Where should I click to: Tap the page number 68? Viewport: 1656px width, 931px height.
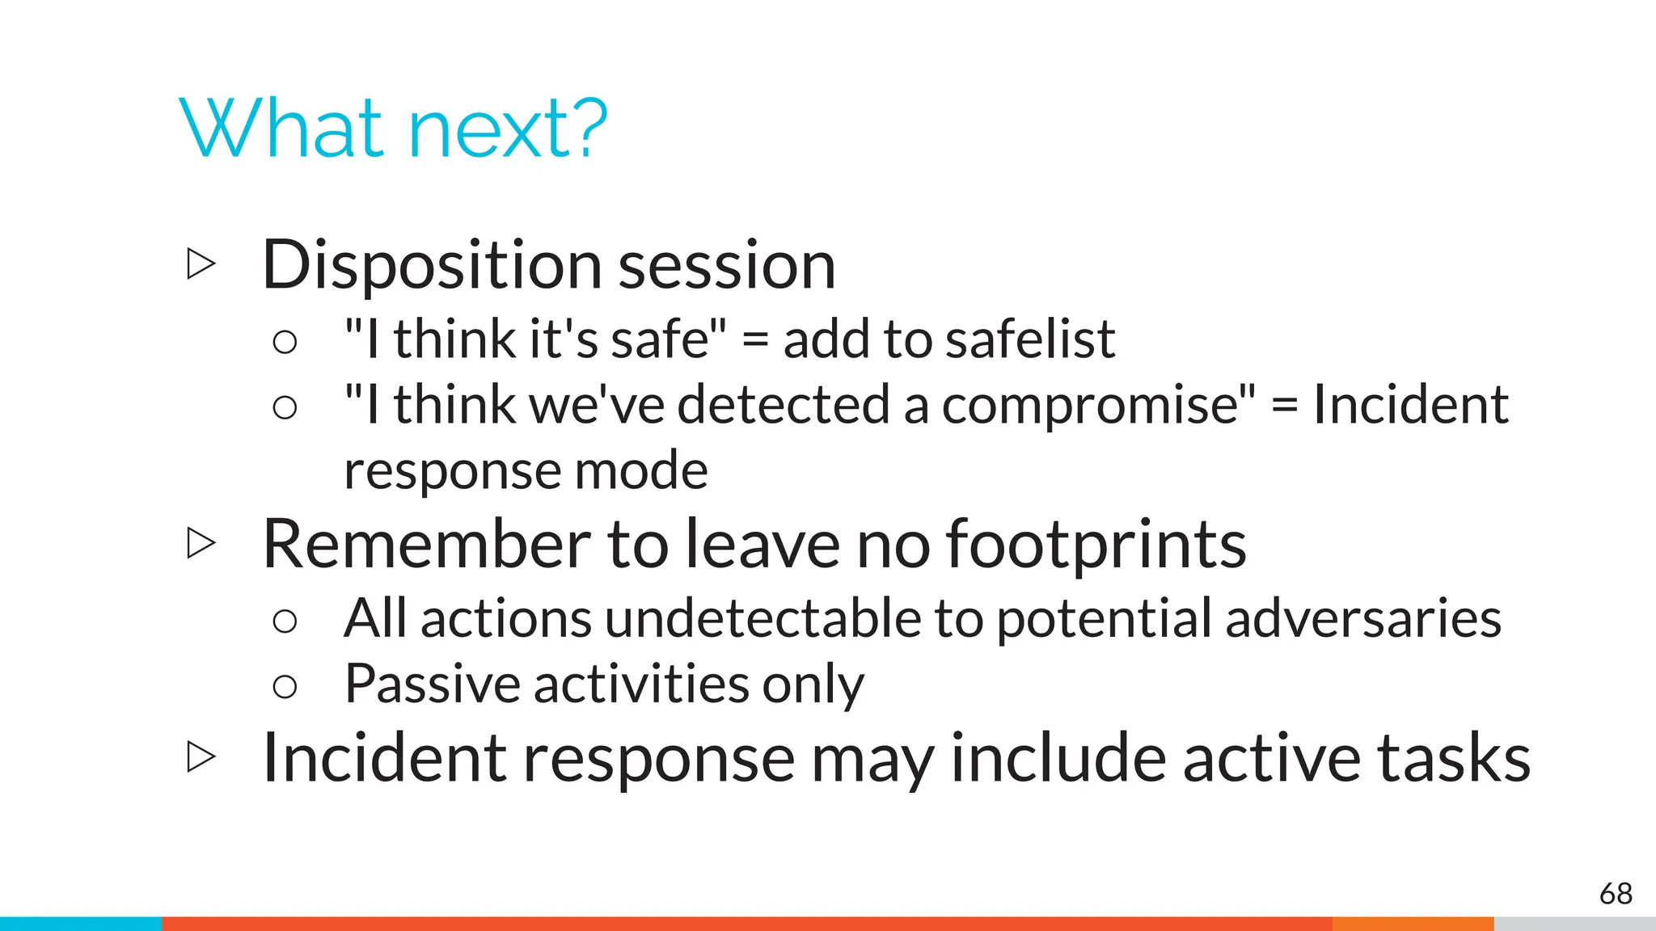pos(1616,894)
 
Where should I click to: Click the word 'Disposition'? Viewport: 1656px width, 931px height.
pos(432,266)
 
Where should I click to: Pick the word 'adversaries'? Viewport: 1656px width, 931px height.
pos(1362,619)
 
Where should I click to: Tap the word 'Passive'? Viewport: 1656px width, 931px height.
pos(432,685)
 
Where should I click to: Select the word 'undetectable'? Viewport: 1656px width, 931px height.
pos(762,619)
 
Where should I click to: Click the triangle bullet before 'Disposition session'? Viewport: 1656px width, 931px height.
pos(201,263)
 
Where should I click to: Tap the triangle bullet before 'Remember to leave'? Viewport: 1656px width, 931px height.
pos(201,543)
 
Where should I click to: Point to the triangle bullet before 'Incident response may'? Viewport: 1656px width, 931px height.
pos(201,756)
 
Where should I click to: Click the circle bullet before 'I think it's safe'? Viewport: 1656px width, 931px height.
pos(285,342)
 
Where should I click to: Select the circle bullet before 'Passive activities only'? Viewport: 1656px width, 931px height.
pos(285,687)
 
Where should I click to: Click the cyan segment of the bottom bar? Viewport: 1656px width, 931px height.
pos(81,923)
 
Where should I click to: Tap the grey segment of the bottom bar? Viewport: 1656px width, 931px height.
pos(1574,923)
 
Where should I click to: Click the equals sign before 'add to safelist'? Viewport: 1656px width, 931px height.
pos(754,339)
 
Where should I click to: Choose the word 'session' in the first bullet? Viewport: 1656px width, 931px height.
pos(726,266)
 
